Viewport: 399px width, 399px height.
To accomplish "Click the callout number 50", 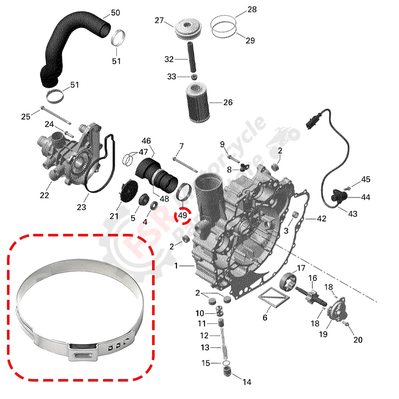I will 115,12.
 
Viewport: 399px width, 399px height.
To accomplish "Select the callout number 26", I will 227,103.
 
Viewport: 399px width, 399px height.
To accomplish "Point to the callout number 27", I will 159,20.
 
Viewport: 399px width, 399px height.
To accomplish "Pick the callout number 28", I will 252,9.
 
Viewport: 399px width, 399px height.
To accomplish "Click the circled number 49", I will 182,215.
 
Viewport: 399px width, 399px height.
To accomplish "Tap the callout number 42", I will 321,218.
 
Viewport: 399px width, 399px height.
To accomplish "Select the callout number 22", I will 45,195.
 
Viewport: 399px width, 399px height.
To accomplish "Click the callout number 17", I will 301,268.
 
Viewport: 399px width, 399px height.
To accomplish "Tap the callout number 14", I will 246,383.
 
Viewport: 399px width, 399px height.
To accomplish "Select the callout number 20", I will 358,340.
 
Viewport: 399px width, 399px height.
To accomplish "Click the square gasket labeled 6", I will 273,298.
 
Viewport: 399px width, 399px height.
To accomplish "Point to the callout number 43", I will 353,214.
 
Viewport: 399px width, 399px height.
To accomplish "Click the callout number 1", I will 176,267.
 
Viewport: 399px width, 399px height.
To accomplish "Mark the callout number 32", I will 169,59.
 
